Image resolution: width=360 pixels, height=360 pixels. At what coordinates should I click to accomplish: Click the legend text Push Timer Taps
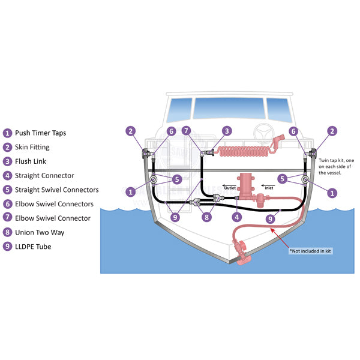40,133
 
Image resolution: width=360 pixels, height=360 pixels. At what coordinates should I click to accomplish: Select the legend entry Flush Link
31,161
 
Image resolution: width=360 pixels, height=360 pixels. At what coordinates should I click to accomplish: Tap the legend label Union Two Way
40,233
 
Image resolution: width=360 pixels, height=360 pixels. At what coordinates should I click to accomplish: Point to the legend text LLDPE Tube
33,247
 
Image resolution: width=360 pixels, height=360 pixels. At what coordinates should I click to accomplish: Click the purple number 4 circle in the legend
7,176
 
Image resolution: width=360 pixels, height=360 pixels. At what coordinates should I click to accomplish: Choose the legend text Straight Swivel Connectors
57,190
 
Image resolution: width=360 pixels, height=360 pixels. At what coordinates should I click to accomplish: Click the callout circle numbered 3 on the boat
227,131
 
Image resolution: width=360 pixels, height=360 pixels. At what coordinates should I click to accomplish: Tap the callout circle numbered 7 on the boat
186,131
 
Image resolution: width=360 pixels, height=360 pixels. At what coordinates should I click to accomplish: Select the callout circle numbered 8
206,217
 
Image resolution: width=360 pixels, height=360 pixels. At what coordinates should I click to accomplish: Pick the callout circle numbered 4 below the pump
237,217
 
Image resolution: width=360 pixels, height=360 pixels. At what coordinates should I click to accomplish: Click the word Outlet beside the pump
230,188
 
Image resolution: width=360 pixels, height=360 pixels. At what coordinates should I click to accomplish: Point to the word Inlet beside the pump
269,188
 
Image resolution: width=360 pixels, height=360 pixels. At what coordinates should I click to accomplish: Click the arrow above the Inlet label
268,185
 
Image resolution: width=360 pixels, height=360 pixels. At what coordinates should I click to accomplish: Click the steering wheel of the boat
264,133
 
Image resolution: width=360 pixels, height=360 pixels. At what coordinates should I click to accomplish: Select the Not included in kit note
311,251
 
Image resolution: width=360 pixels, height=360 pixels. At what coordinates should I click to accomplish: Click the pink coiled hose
244,151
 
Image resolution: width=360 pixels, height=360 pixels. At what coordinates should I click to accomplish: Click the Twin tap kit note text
336,166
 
